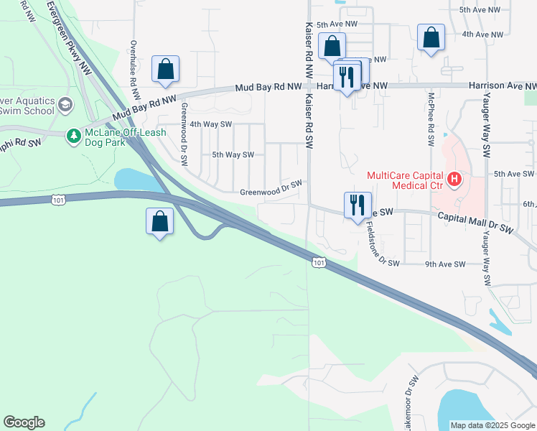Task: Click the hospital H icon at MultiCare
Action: coord(454,179)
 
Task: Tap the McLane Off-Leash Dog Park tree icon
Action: coord(73,135)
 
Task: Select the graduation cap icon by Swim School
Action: coord(65,105)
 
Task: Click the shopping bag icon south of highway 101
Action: coord(159,221)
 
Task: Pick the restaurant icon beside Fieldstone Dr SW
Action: coord(356,205)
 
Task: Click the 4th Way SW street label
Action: coord(212,124)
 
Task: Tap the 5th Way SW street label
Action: coord(233,154)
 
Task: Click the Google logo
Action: coord(24,422)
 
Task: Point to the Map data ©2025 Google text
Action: coord(492,425)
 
